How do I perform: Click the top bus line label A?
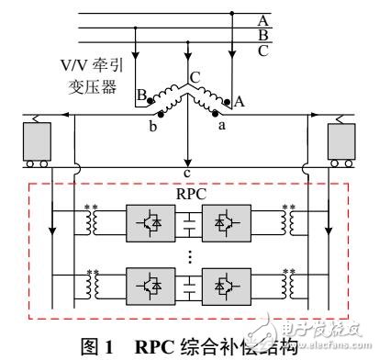[x=263, y=17]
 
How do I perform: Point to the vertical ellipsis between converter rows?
[x=187, y=256]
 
